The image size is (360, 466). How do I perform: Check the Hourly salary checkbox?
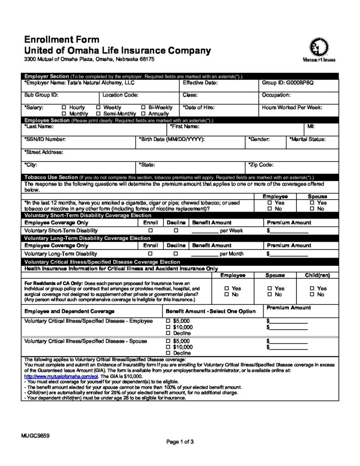[x=64, y=108]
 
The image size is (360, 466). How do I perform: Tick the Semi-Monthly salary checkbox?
[x=99, y=114]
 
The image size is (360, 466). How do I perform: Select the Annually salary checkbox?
[x=144, y=114]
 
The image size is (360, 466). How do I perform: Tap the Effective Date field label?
[x=200, y=83]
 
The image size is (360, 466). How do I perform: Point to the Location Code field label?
[x=120, y=95]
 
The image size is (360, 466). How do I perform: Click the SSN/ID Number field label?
[x=45, y=139]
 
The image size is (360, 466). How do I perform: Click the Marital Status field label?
[x=307, y=139]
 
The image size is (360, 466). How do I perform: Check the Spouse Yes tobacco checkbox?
[x=312, y=203]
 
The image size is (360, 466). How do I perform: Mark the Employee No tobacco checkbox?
[x=270, y=209]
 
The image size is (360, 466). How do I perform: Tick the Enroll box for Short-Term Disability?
[x=150, y=231]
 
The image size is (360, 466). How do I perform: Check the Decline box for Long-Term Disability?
[x=175, y=254]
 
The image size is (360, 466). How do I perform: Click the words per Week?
[x=232, y=231]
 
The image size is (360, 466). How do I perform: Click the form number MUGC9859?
[x=35, y=436]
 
